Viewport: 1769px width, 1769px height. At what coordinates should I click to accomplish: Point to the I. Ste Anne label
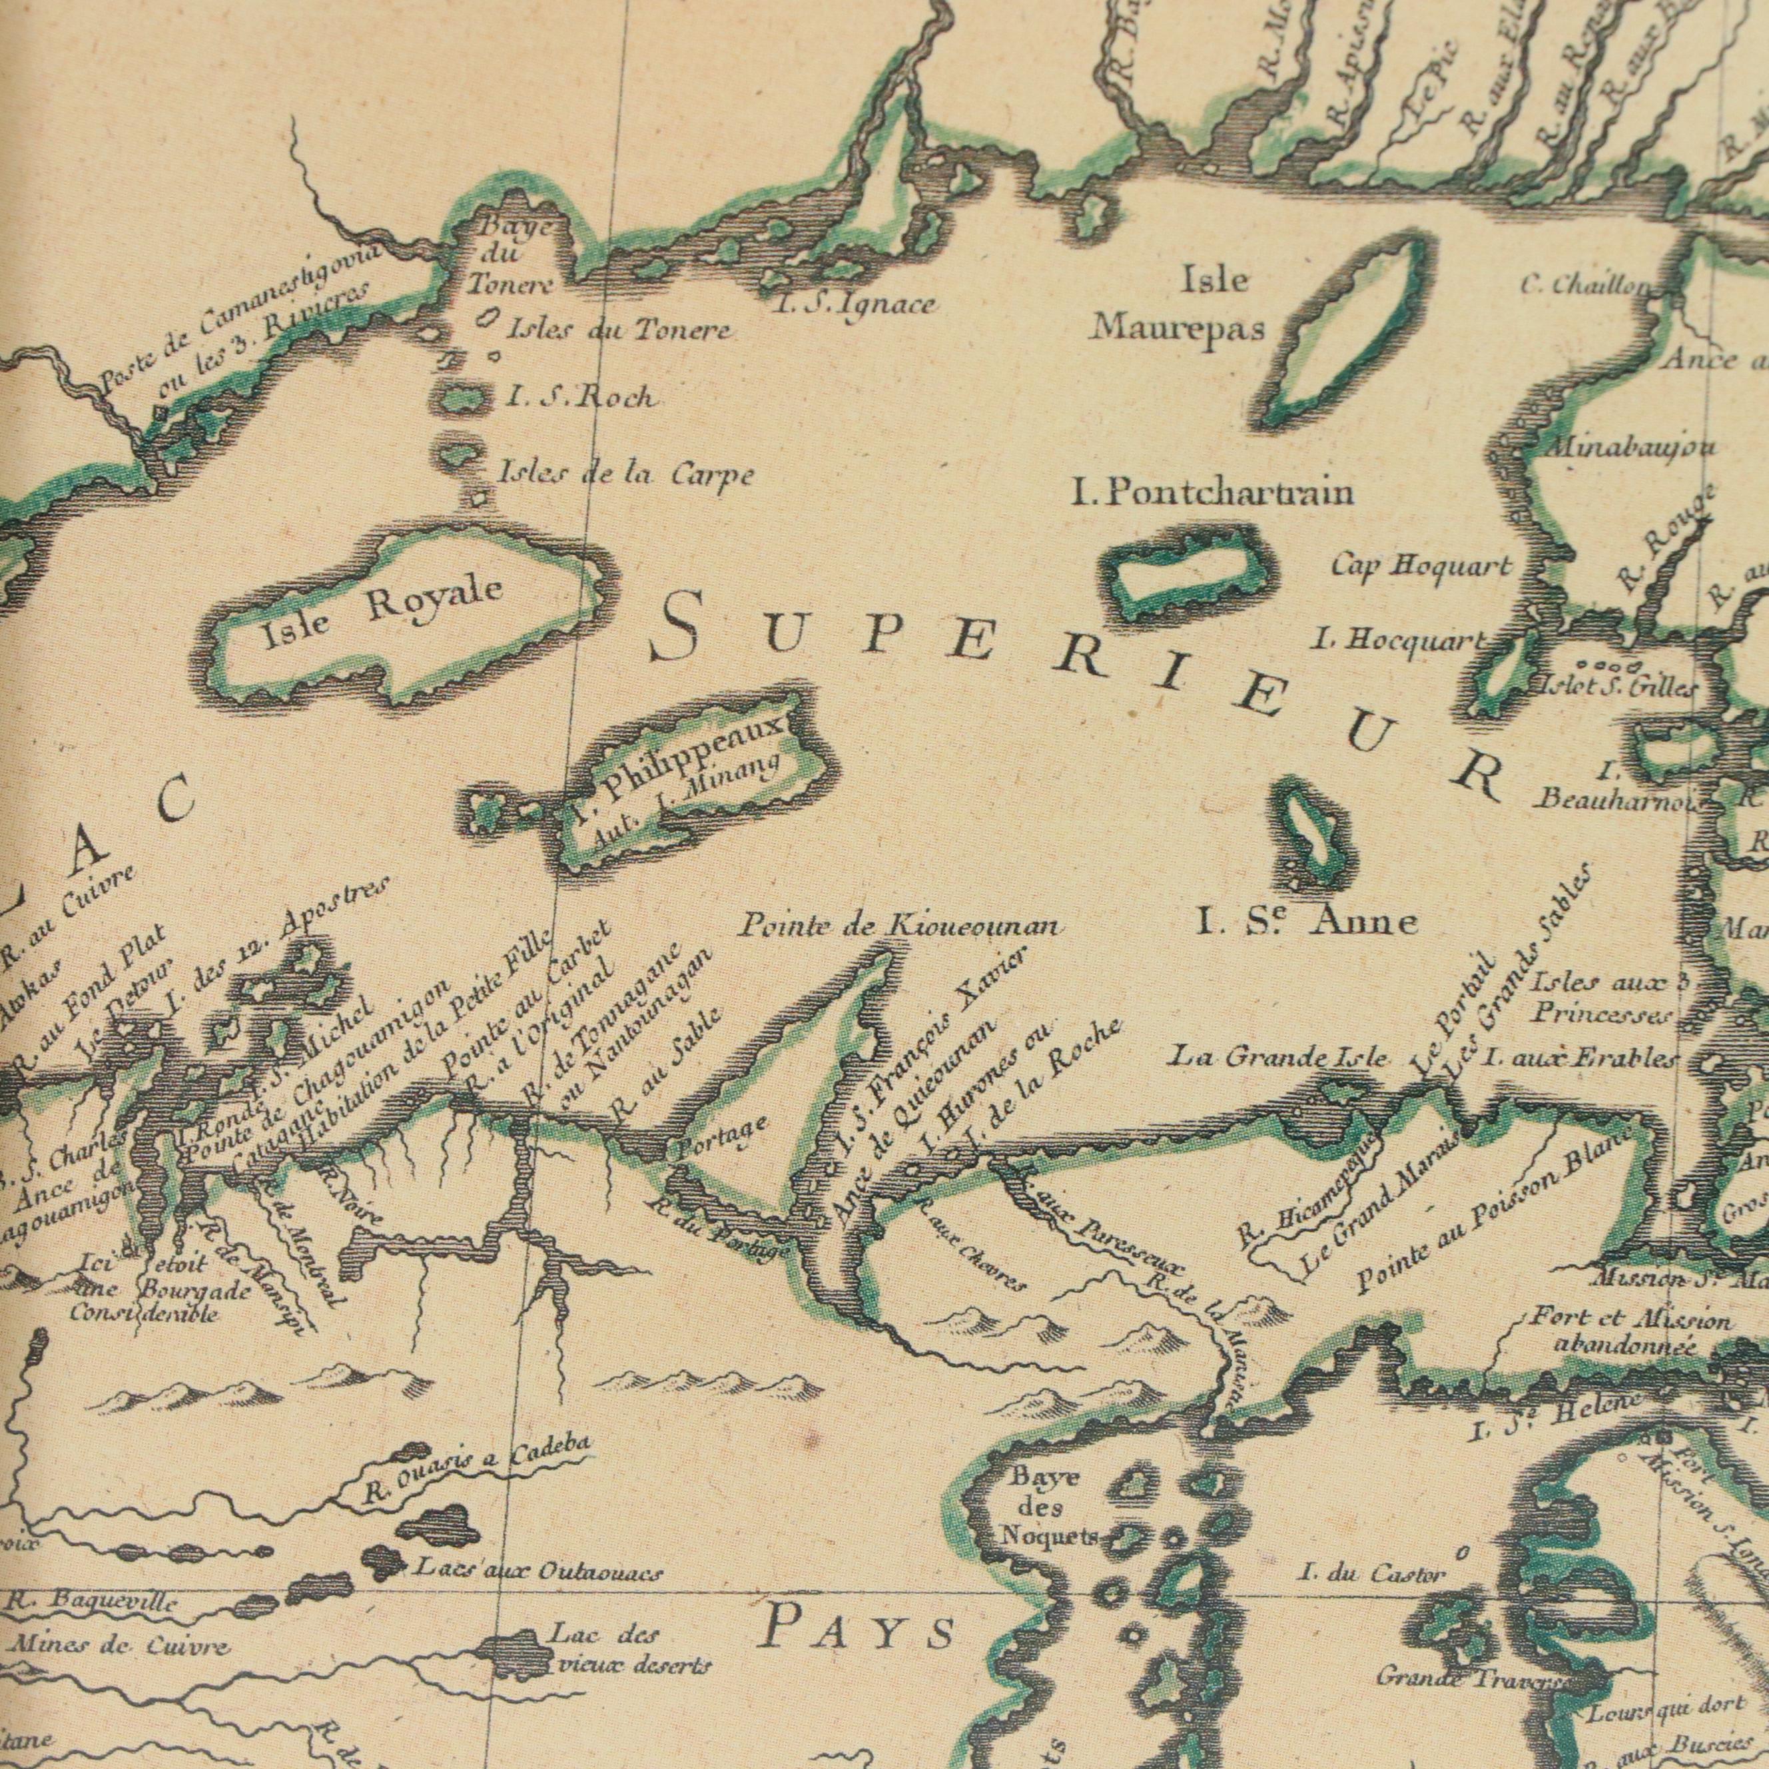(1307, 922)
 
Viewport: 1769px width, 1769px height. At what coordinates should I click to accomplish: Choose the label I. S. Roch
(581, 396)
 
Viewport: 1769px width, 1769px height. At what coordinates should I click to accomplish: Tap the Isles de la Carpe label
(625, 474)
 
